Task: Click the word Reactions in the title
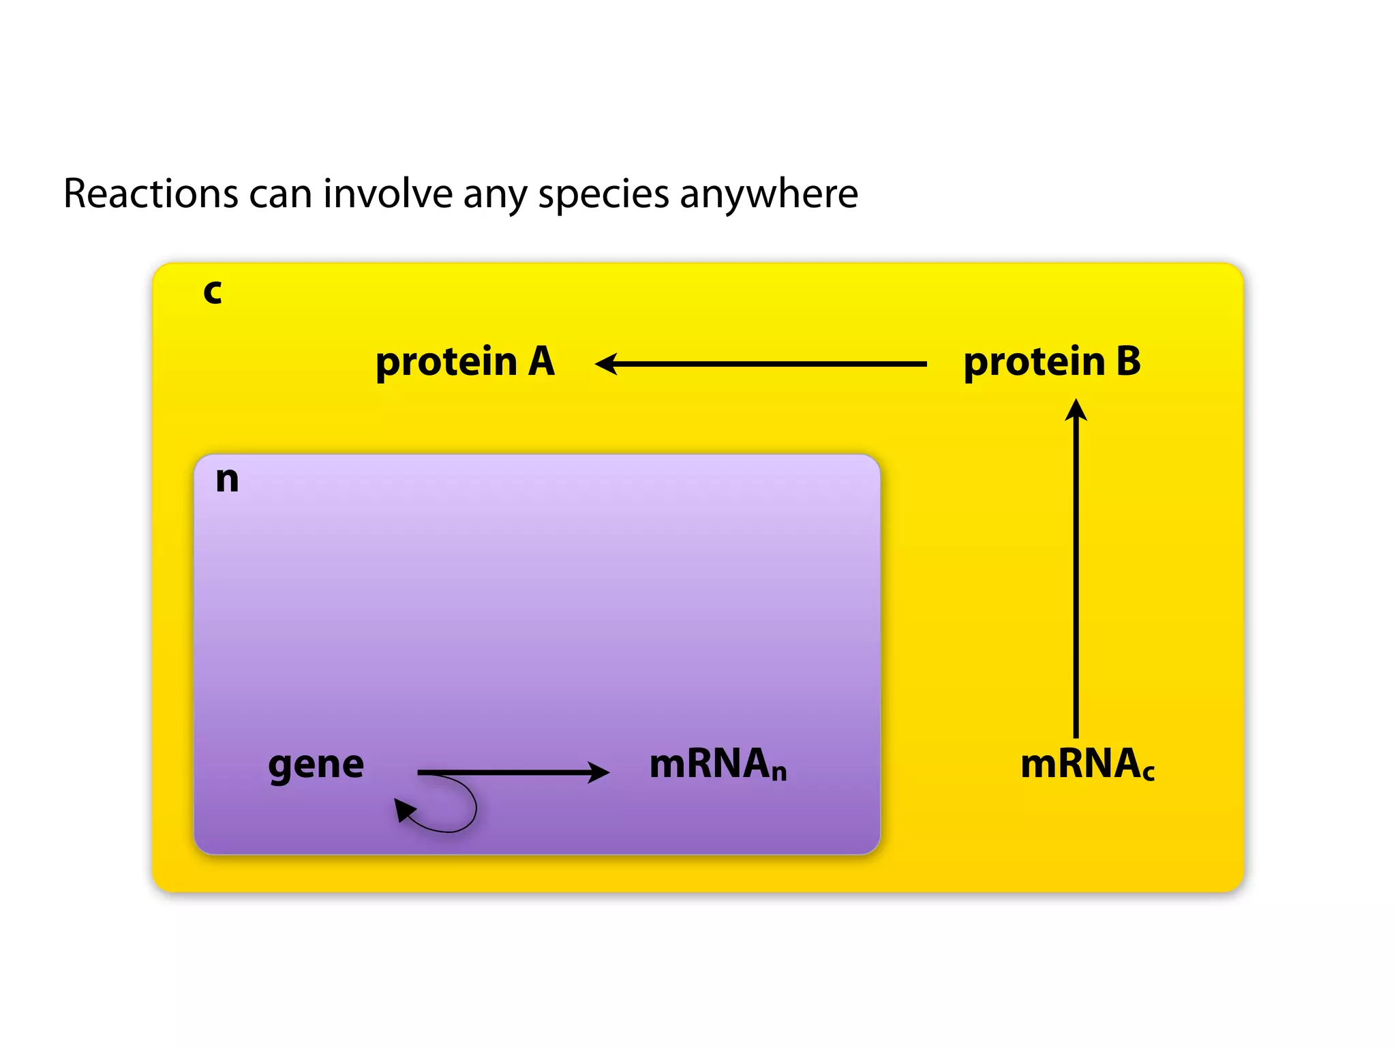tap(150, 194)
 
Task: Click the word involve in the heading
tap(387, 194)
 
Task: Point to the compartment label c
tap(213, 292)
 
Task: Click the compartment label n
tap(227, 479)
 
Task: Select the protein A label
tap(465, 362)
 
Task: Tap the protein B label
tap(1052, 362)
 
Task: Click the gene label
tap(316, 765)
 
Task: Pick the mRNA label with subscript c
tap(1087, 764)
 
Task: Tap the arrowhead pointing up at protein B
tap(1076, 410)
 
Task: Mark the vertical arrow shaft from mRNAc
tap(1076, 579)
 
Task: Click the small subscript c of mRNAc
tap(1149, 773)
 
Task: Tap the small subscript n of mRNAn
tap(779, 773)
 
